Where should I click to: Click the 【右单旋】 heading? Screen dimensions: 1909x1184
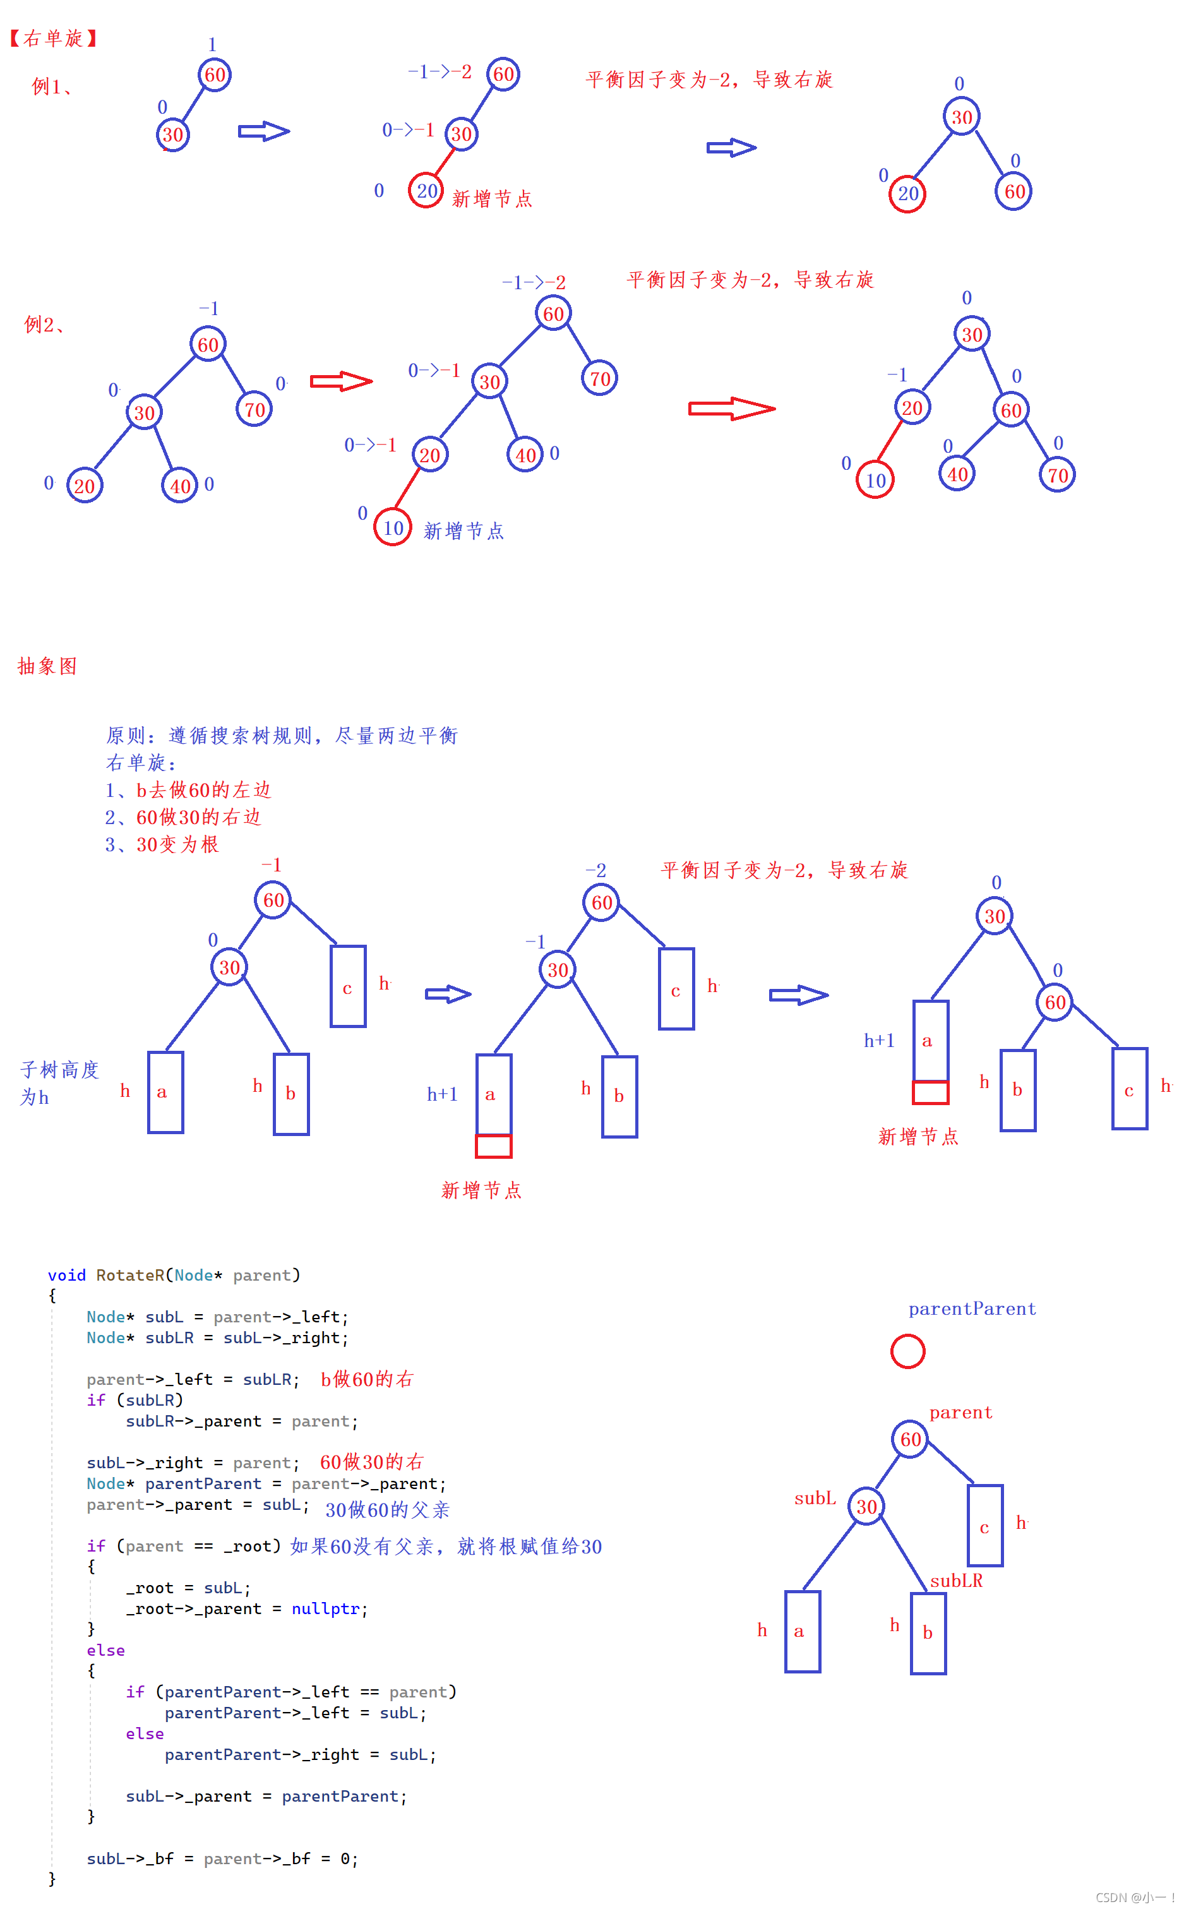[x=53, y=39]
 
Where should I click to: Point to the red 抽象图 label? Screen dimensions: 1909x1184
[x=47, y=666]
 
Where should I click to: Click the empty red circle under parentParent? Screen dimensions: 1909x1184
[x=907, y=1351]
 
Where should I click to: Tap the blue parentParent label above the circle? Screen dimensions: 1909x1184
[x=972, y=1309]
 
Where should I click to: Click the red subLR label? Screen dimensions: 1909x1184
[x=956, y=1581]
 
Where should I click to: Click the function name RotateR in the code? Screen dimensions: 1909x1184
[x=130, y=1276]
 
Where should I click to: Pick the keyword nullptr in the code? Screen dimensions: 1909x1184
[x=325, y=1609]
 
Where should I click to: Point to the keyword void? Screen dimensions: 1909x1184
[x=66, y=1276]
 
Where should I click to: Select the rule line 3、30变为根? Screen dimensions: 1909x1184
[x=162, y=844]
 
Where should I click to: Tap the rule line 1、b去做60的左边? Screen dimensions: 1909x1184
[x=188, y=790]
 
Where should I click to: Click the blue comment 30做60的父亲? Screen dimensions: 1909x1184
[x=388, y=1511]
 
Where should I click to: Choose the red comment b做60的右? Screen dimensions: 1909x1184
[x=366, y=1380]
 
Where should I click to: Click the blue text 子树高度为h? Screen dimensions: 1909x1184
[x=59, y=1084]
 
